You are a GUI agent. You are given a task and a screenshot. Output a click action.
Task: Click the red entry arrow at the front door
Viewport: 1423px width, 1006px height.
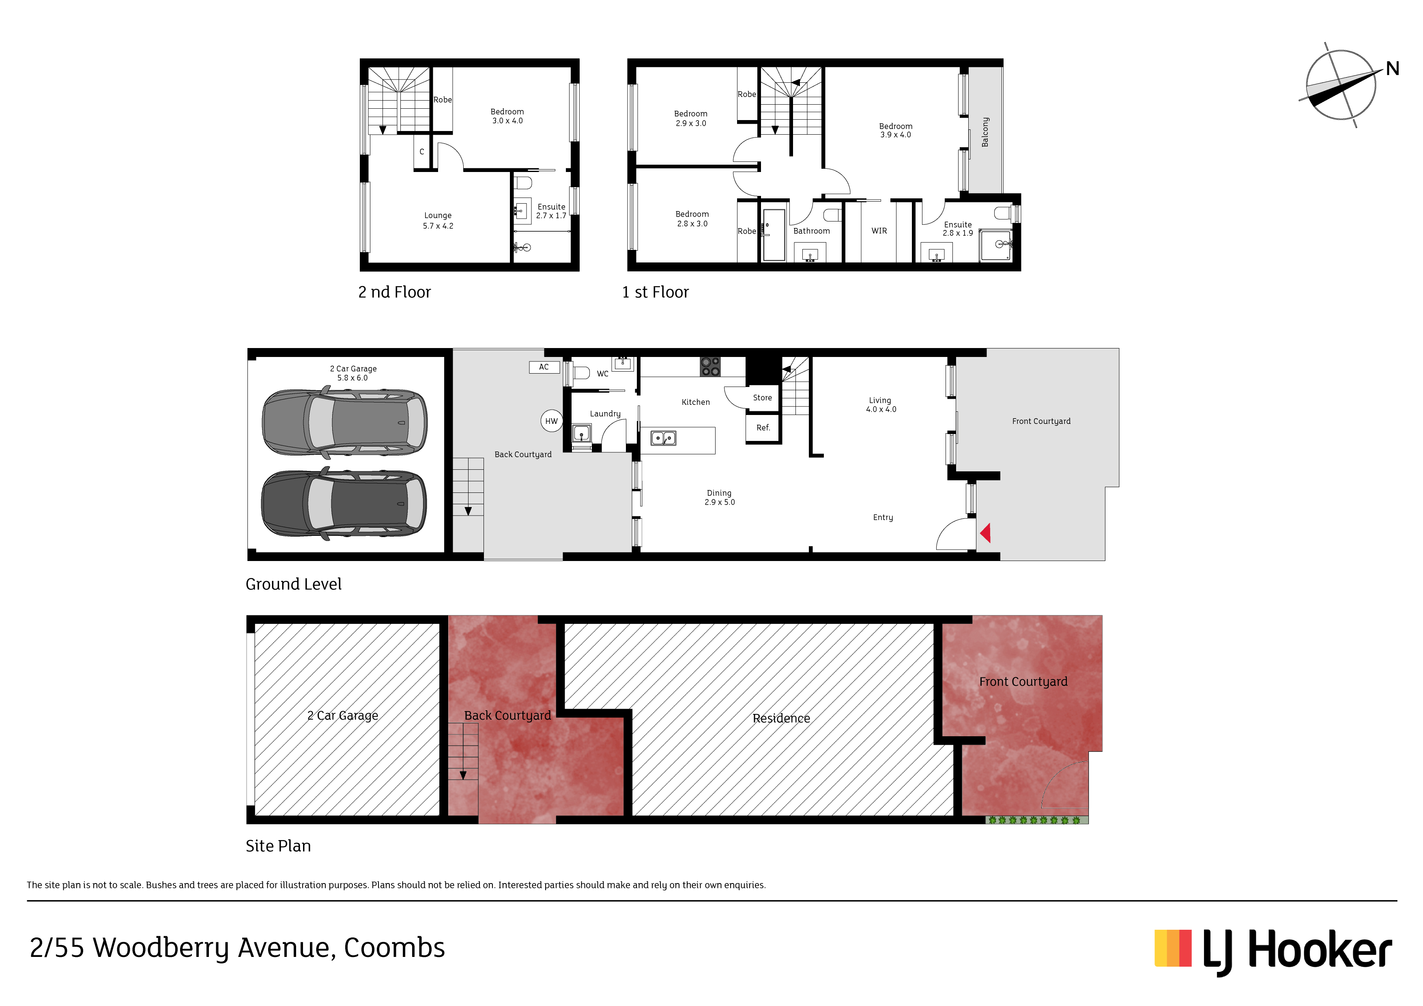click(985, 533)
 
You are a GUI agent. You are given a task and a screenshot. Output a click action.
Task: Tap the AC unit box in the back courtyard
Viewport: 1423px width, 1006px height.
click(544, 367)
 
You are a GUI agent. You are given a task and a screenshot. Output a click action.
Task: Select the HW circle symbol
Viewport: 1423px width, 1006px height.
click(551, 421)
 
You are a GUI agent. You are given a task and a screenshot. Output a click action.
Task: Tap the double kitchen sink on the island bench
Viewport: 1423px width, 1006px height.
click(663, 438)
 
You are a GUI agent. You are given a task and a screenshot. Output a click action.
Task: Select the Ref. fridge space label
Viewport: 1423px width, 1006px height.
click(763, 428)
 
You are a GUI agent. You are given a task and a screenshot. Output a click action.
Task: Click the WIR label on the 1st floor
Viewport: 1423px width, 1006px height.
click(879, 230)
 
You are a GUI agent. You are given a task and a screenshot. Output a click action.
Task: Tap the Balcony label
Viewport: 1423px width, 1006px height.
click(985, 132)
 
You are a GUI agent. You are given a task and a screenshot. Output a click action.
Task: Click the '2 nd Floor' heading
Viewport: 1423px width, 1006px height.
click(394, 292)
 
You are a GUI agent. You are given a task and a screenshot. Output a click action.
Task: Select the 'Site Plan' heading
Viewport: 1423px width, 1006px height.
click(278, 845)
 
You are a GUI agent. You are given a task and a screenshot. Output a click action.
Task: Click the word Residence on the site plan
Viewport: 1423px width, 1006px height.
click(781, 718)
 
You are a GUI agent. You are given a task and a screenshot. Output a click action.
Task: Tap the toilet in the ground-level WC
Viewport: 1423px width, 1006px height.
click(581, 372)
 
